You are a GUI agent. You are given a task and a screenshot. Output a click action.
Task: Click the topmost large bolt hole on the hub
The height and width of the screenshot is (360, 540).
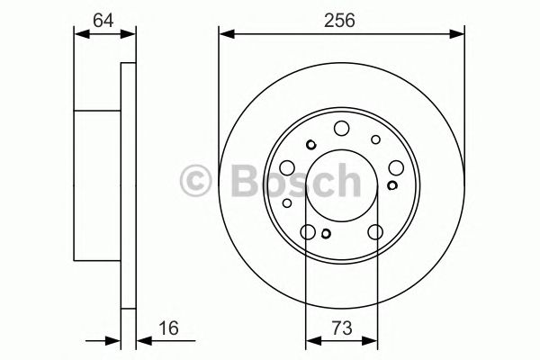coord(341,128)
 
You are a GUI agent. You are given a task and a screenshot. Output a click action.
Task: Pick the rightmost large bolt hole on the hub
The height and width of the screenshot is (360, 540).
coord(395,167)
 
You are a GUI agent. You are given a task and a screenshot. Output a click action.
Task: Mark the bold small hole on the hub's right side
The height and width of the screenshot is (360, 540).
coord(391,185)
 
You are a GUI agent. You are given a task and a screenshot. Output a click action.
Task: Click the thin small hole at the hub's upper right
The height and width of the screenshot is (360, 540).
coord(375,139)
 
